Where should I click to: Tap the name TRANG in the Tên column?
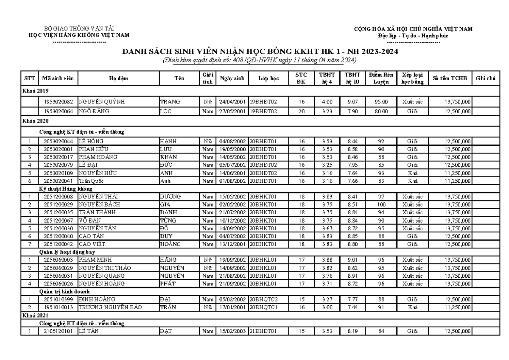click(170, 102)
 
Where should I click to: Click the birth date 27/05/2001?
click(232, 112)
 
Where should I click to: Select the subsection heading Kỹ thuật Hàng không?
click(66, 188)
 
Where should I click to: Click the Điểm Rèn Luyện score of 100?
click(380, 204)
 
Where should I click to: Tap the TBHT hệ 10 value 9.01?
click(352, 260)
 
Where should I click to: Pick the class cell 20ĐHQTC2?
click(263, 299)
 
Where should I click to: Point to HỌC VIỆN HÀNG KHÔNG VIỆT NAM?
click(79, 35)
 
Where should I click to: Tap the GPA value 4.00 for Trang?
click(326, 102)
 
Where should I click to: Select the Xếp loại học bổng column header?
click(410, 78)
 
